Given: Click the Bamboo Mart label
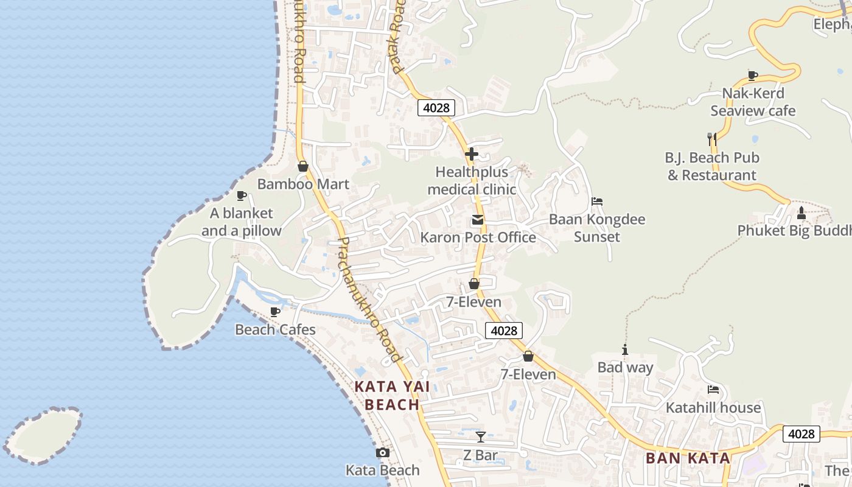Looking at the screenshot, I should point(303,184).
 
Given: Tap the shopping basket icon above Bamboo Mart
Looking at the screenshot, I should point(303,166).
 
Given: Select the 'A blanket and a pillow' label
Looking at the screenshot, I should point(242,222).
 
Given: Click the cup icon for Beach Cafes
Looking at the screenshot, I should point(275,312).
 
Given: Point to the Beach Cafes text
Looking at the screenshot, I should point(275,330).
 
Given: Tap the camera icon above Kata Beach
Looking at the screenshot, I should point(382,453).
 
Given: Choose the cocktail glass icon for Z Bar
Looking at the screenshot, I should point(481,437).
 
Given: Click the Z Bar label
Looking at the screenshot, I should point(480,455).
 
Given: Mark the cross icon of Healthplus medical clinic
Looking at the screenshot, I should point(472,154).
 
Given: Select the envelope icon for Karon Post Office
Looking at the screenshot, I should point(478,220).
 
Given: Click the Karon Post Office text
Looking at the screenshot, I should point(478,237).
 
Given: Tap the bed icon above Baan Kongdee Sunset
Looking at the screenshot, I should point(597,201).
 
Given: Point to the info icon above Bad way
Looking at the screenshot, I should point(624,350).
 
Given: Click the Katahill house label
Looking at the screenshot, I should point(713,407).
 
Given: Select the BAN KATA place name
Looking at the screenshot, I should point(688,458).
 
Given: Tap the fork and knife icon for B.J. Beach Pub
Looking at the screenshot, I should point(712,139).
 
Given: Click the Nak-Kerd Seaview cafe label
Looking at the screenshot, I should point(753,102).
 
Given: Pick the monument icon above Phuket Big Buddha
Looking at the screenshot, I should point(801,213).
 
